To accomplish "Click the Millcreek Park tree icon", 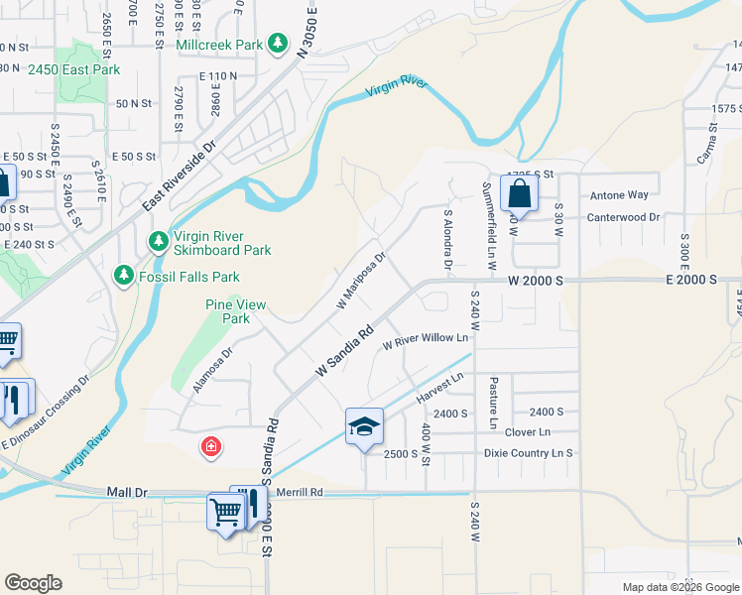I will pyautogui.click(x=280, y=44).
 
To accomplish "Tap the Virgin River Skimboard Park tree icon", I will pyautogui.click(x=158, y=241).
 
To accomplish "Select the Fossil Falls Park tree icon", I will pyautogui.click(x=124, y=275).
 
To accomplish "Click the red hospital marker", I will pyautogui.click(x=210, y=448).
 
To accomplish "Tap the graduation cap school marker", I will pyautogui.click(x=364, y=427).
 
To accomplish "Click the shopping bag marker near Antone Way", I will pyautogui.click(x=520, y=194).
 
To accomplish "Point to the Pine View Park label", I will pyautogui.click(x=235, y=311).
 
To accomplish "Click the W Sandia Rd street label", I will pyautogui.click(x=344, y=351).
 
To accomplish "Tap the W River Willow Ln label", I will pyautogui.click(x=425, y=339).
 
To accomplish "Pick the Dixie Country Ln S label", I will pyautogui.click(x=529, y=453).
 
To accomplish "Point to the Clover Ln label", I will pyautogui.click(x=527, y=432).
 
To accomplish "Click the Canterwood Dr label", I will pyautogui.click(x=623, y=216).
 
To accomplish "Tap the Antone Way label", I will pyautogui.click(x=619, y=195).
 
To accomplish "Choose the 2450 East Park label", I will pyautogui.click(x=73, y=70).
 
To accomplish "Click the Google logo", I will pyautogui.click(x=33, y=583).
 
